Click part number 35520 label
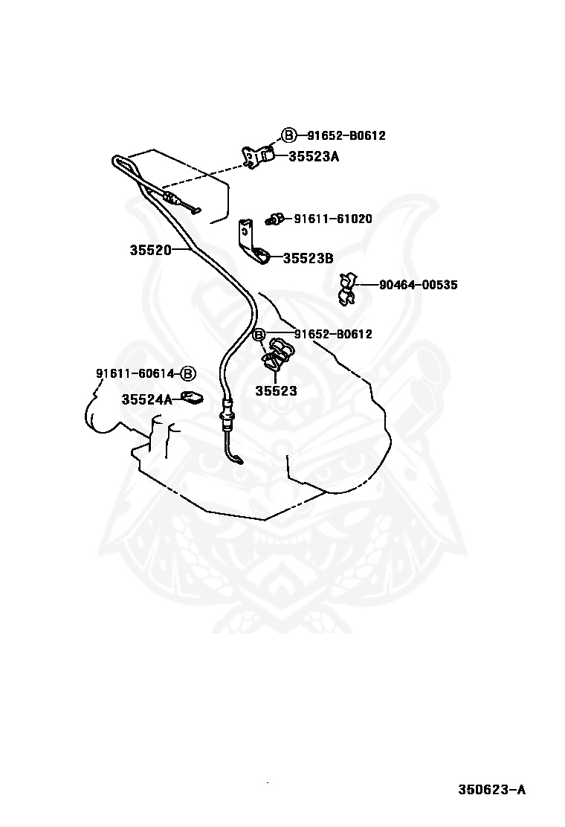151,250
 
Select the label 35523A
313,156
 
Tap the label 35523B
308,259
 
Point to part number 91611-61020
332,219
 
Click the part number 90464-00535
418,285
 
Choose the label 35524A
146,399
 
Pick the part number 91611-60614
135,373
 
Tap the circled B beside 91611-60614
188,373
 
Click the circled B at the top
289,135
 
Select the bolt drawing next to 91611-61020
274,219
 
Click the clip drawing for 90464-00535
346,289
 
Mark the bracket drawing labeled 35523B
253,244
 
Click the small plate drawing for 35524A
192,396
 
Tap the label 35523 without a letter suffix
276,391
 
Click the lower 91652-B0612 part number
332,334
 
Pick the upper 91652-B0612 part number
346,135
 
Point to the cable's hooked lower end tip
241,463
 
